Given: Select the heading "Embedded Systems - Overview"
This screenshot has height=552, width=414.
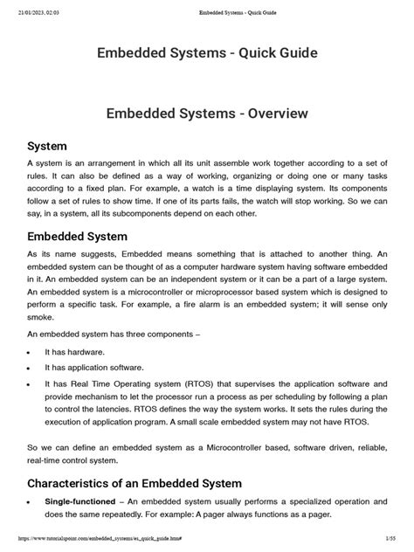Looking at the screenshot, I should [x=206, y=114].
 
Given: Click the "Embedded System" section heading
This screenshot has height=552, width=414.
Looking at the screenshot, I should [x=78, y=237].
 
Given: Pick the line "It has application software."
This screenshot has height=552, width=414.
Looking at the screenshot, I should [x=94, y=368].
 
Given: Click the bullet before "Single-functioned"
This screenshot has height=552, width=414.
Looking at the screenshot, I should [x=31, y=503].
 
